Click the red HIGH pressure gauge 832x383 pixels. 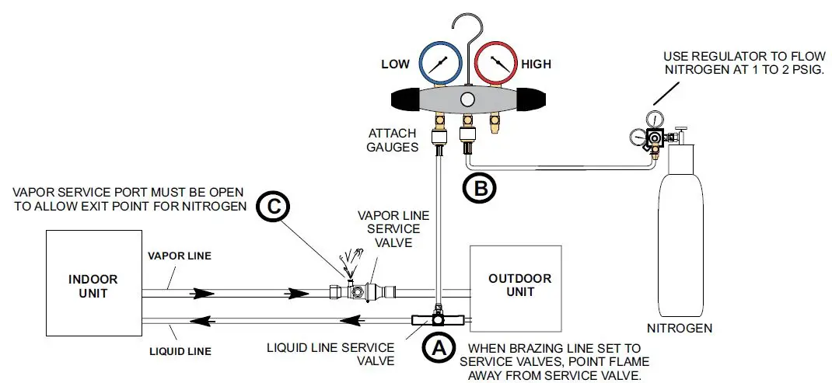(496, 64)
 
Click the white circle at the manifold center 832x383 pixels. (467, 99)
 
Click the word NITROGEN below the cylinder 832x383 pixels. (680, 329)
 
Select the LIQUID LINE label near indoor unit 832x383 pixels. (180, 351)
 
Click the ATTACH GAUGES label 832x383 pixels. (393, 141)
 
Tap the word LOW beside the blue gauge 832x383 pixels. (395, 64)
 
